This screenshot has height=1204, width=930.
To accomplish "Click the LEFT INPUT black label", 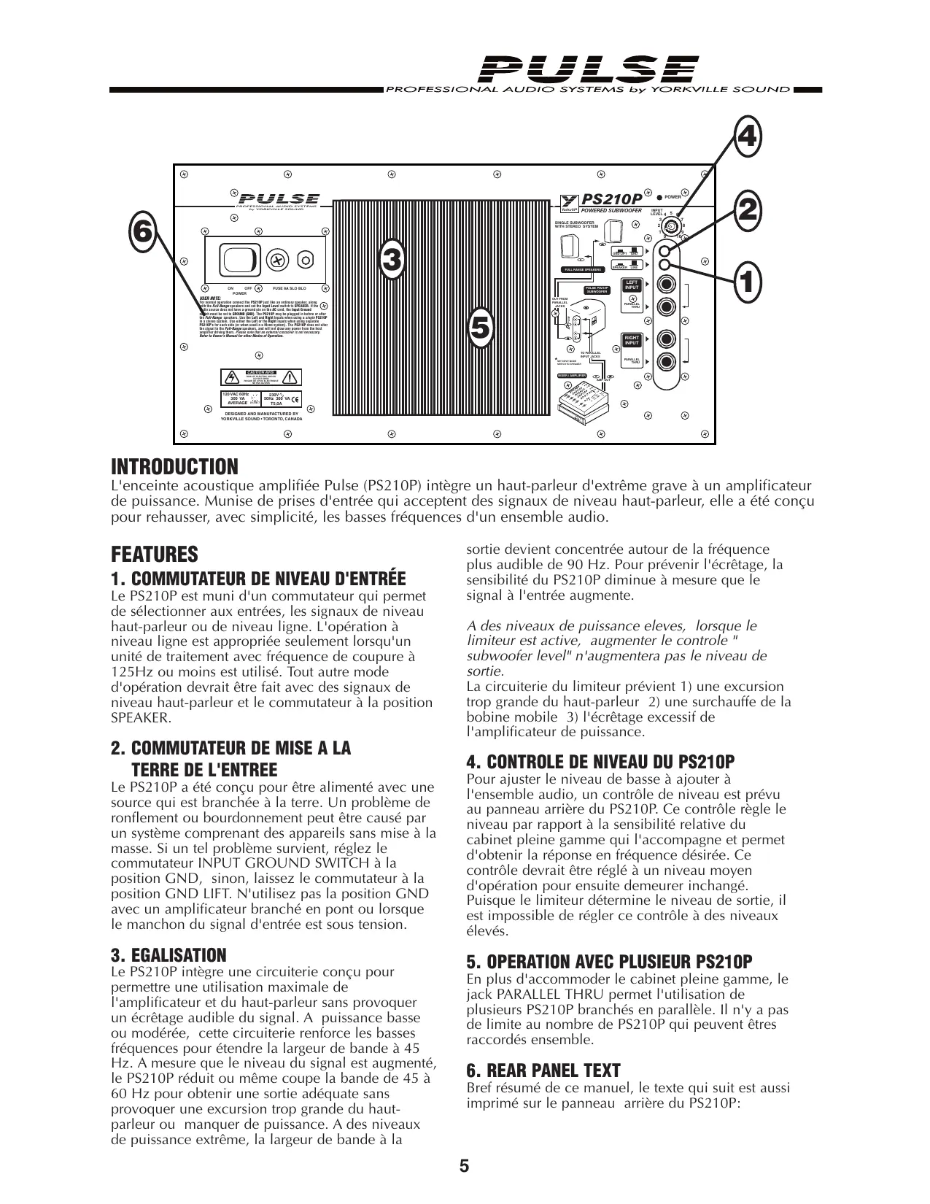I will click(632, 285).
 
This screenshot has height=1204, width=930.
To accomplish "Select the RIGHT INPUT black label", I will click(632, 340).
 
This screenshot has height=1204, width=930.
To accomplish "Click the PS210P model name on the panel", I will click(611, 199).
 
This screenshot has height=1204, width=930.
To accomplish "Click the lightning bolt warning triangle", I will click(232, 377).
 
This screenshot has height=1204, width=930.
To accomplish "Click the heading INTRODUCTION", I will click(174, 466).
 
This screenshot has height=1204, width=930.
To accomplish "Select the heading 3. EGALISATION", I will click(168, 955).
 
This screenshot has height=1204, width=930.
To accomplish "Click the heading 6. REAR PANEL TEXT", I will click(543, 1071).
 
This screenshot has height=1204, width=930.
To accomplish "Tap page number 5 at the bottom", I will click(464, 1166).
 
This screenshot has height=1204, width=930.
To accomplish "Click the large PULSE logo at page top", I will click(589, 71).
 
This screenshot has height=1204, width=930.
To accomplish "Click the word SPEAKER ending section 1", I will click(141, 718).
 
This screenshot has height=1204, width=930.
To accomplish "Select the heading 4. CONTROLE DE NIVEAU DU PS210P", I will click(600, 762).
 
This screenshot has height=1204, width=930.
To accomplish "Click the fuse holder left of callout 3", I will click(278, 259).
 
